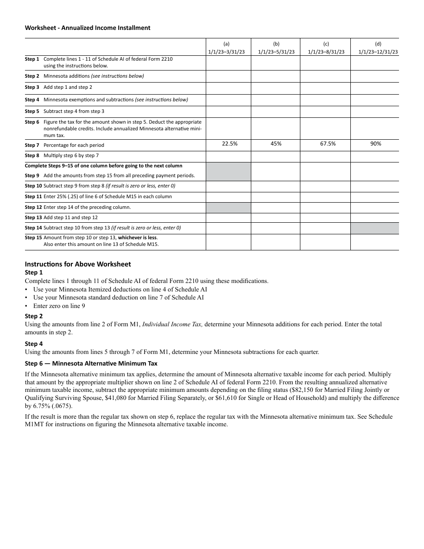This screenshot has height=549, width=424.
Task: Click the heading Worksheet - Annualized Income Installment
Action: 87,28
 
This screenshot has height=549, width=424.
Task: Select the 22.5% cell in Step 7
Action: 229,144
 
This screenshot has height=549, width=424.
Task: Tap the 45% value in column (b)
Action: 276,144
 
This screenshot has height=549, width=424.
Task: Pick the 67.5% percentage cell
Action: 328,144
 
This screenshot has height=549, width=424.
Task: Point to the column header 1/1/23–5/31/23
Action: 276,52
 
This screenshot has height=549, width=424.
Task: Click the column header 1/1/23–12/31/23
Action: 378,52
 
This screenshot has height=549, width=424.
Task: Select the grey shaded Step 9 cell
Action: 228,171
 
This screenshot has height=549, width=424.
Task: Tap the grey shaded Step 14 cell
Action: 374,228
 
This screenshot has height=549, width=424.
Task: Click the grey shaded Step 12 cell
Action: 228,208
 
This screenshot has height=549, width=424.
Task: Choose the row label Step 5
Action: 32,111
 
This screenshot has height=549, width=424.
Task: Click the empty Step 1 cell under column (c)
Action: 325,62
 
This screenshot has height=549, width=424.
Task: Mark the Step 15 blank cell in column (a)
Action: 228,241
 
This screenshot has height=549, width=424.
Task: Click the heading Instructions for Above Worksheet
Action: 78,264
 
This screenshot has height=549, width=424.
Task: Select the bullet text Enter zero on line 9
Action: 59,306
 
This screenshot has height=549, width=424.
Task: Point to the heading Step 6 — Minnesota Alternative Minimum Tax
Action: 91,364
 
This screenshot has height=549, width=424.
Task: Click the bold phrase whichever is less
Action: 137,237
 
